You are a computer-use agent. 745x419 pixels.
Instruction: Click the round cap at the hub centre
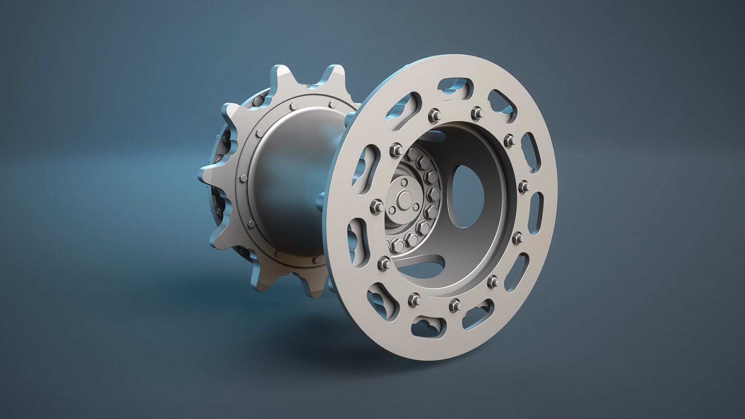coord(405,197)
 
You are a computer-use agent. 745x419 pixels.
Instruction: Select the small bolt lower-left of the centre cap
coord(392,210)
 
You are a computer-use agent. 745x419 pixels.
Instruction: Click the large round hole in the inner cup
coord(467,196)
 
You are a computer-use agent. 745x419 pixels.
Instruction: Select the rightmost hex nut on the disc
coord(523,187)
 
